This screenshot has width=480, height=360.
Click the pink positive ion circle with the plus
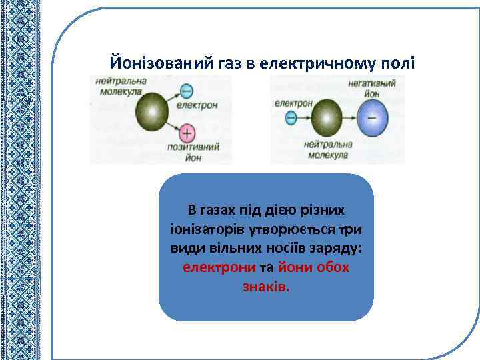coord(187,132)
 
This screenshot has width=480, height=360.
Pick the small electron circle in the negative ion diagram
coord(291,119)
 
